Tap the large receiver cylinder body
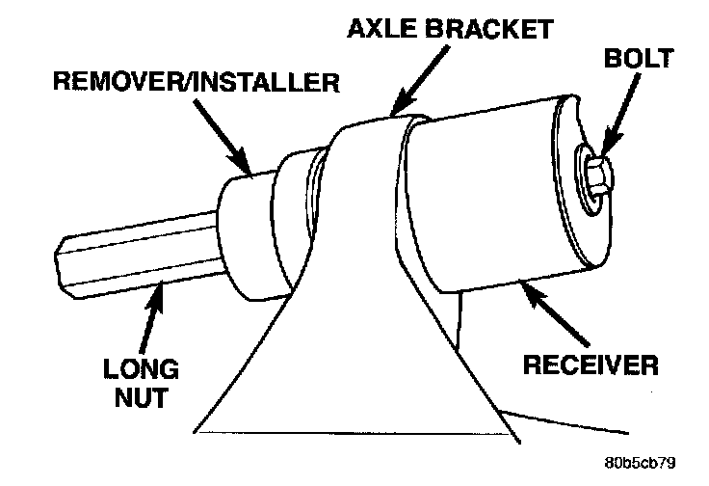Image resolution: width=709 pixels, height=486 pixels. (482, 202)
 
